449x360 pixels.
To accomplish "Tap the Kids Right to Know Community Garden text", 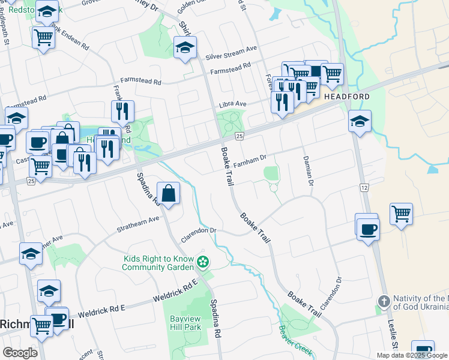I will point(159,263).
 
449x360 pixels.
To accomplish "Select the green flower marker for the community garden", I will point(203,262).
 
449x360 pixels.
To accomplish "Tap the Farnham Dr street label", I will point(250,161).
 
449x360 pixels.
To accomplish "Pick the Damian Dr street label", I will point(308,169).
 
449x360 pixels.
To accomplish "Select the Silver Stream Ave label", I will point(231,52).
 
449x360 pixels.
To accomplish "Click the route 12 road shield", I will point(364,188).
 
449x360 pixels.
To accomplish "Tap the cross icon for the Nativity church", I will point(384,300).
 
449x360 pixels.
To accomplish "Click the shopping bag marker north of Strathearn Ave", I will point(169,193).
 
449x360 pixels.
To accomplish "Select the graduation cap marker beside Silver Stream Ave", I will point(185,47).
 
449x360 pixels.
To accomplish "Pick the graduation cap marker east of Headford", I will point(360,122).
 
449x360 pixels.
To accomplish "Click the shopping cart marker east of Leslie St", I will point(401,214).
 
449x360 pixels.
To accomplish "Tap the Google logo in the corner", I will point(20,353).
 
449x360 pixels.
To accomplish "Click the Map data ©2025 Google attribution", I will point(412,355).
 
